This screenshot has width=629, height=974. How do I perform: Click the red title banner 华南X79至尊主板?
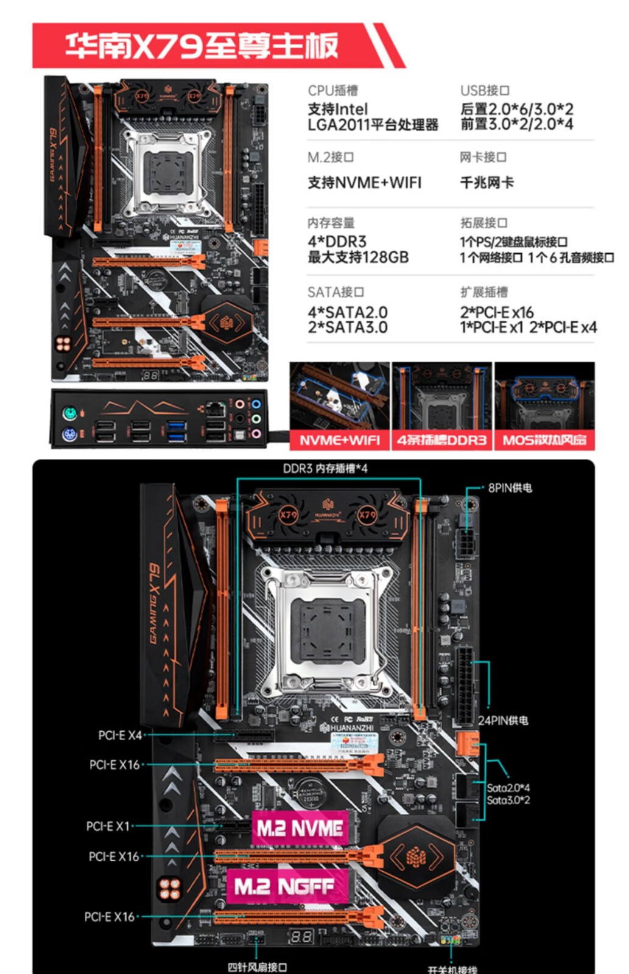pos(201,46)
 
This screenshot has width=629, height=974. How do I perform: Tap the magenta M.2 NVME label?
pos(300,828)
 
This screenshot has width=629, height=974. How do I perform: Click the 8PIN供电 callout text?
pos(510,488)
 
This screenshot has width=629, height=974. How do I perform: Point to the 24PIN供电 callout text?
pos(503,720)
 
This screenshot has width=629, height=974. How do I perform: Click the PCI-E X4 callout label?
pos(120,735)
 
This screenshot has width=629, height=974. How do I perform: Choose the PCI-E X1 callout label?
pos(108,826)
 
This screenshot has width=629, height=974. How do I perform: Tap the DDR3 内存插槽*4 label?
pos(325,468)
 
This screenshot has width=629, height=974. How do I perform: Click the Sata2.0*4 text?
pos(508,788)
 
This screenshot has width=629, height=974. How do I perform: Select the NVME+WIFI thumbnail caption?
pos(339,440)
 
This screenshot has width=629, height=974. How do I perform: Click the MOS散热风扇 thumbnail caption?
pos(544,440)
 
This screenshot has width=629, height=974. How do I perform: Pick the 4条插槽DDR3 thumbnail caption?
pos(441,440)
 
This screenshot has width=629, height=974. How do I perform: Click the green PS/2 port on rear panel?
pos(69,413)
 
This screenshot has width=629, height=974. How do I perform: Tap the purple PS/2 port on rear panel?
pos(69,435)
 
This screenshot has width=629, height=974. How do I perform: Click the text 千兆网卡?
pos(487,182)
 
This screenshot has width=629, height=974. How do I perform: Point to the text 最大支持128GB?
pos(358,257)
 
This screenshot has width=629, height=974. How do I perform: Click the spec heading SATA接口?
pos(336,292)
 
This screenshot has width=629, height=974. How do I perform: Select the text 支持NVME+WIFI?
pos(364,182)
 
